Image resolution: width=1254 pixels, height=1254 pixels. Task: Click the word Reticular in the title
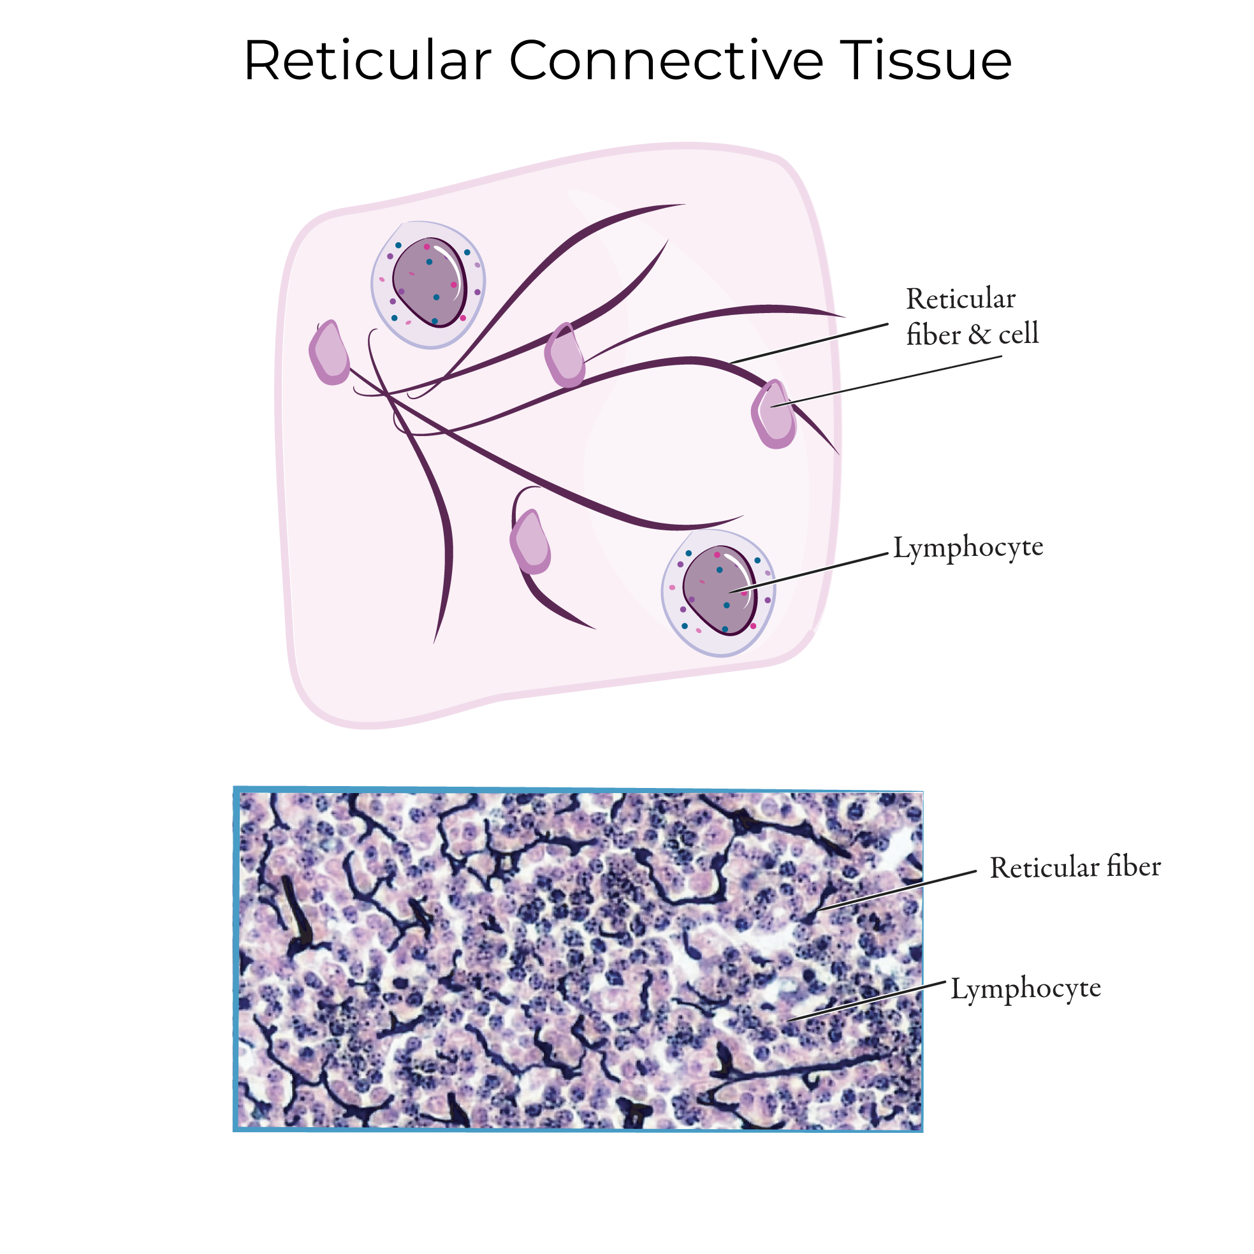(367, 61)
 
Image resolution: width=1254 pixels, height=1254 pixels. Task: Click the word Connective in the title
(666, 61)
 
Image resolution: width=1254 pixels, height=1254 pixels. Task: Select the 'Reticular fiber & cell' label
(972, 317)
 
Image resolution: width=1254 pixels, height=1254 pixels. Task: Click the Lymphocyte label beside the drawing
(968, 548)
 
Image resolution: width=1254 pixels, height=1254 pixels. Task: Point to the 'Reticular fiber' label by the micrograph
(1075, 868)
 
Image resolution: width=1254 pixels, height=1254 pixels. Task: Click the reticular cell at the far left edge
(330, 354)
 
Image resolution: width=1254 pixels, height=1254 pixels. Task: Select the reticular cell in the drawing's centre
(565, 356)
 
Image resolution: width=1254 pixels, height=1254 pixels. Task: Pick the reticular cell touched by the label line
(775, 415)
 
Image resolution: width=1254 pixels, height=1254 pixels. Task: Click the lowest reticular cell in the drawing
(531, 543)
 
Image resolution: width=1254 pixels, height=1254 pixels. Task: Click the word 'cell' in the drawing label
(1018, 334)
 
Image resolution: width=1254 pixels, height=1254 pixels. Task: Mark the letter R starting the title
(262, 61)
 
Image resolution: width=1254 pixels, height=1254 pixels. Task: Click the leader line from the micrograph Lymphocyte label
(866, 1001)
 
